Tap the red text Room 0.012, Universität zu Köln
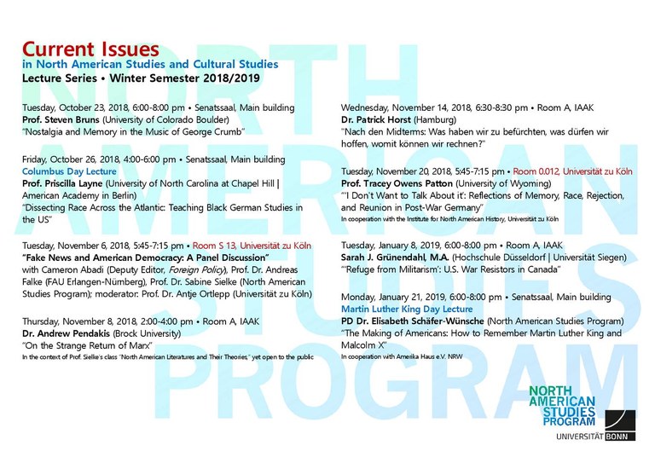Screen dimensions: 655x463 pyautogui.click(x=573, y=171)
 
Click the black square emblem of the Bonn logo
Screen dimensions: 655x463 pyautogui.click(x=619, y=424)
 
